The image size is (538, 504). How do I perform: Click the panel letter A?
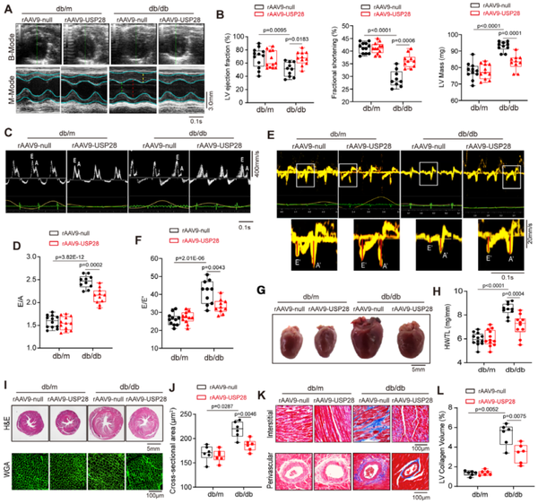coord(7,8)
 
